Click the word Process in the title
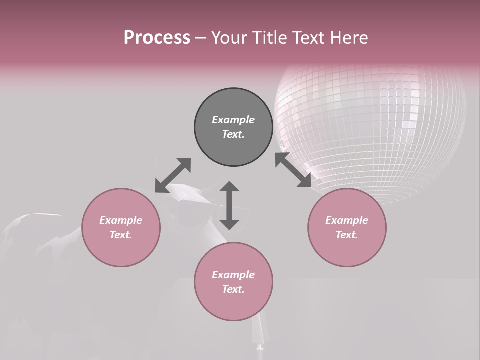click(157, 38)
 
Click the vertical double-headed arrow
click(229, 205)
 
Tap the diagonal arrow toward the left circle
click(173, 175)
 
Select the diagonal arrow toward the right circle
click(293, 170)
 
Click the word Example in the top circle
click(233, 120)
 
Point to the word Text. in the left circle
click(121, 235)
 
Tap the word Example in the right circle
click(347, 220)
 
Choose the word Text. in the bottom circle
click(233, 289)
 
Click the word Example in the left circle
click(121, 220)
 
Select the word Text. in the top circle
click(233, 134)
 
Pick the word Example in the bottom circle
click(233, 275)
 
